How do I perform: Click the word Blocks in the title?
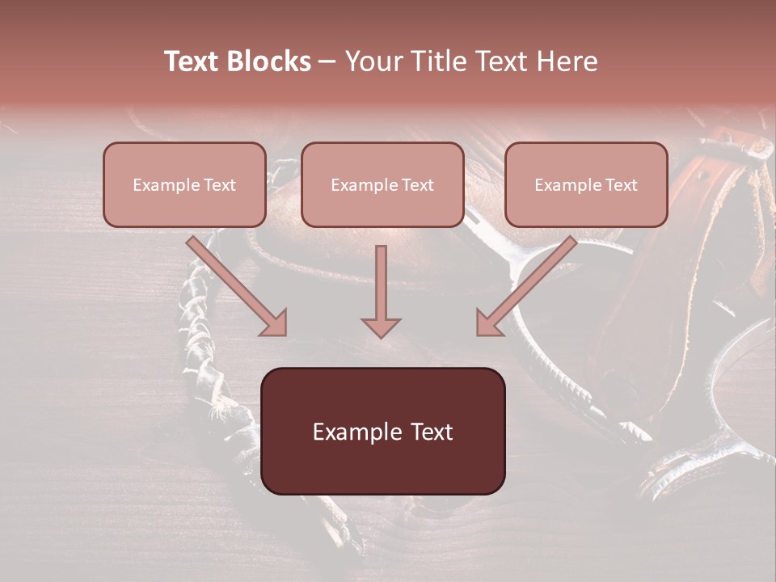point(270,61)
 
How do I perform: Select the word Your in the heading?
point(373,61)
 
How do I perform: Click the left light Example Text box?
point(184,185)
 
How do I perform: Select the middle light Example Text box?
point(382,185)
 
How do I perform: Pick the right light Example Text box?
point(586,185)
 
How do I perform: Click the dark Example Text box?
point(383,432)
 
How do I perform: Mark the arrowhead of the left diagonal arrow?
point(275,323)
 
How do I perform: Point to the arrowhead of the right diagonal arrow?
point(487,323)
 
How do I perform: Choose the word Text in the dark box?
point(432,432)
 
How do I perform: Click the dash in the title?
point(328,61)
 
